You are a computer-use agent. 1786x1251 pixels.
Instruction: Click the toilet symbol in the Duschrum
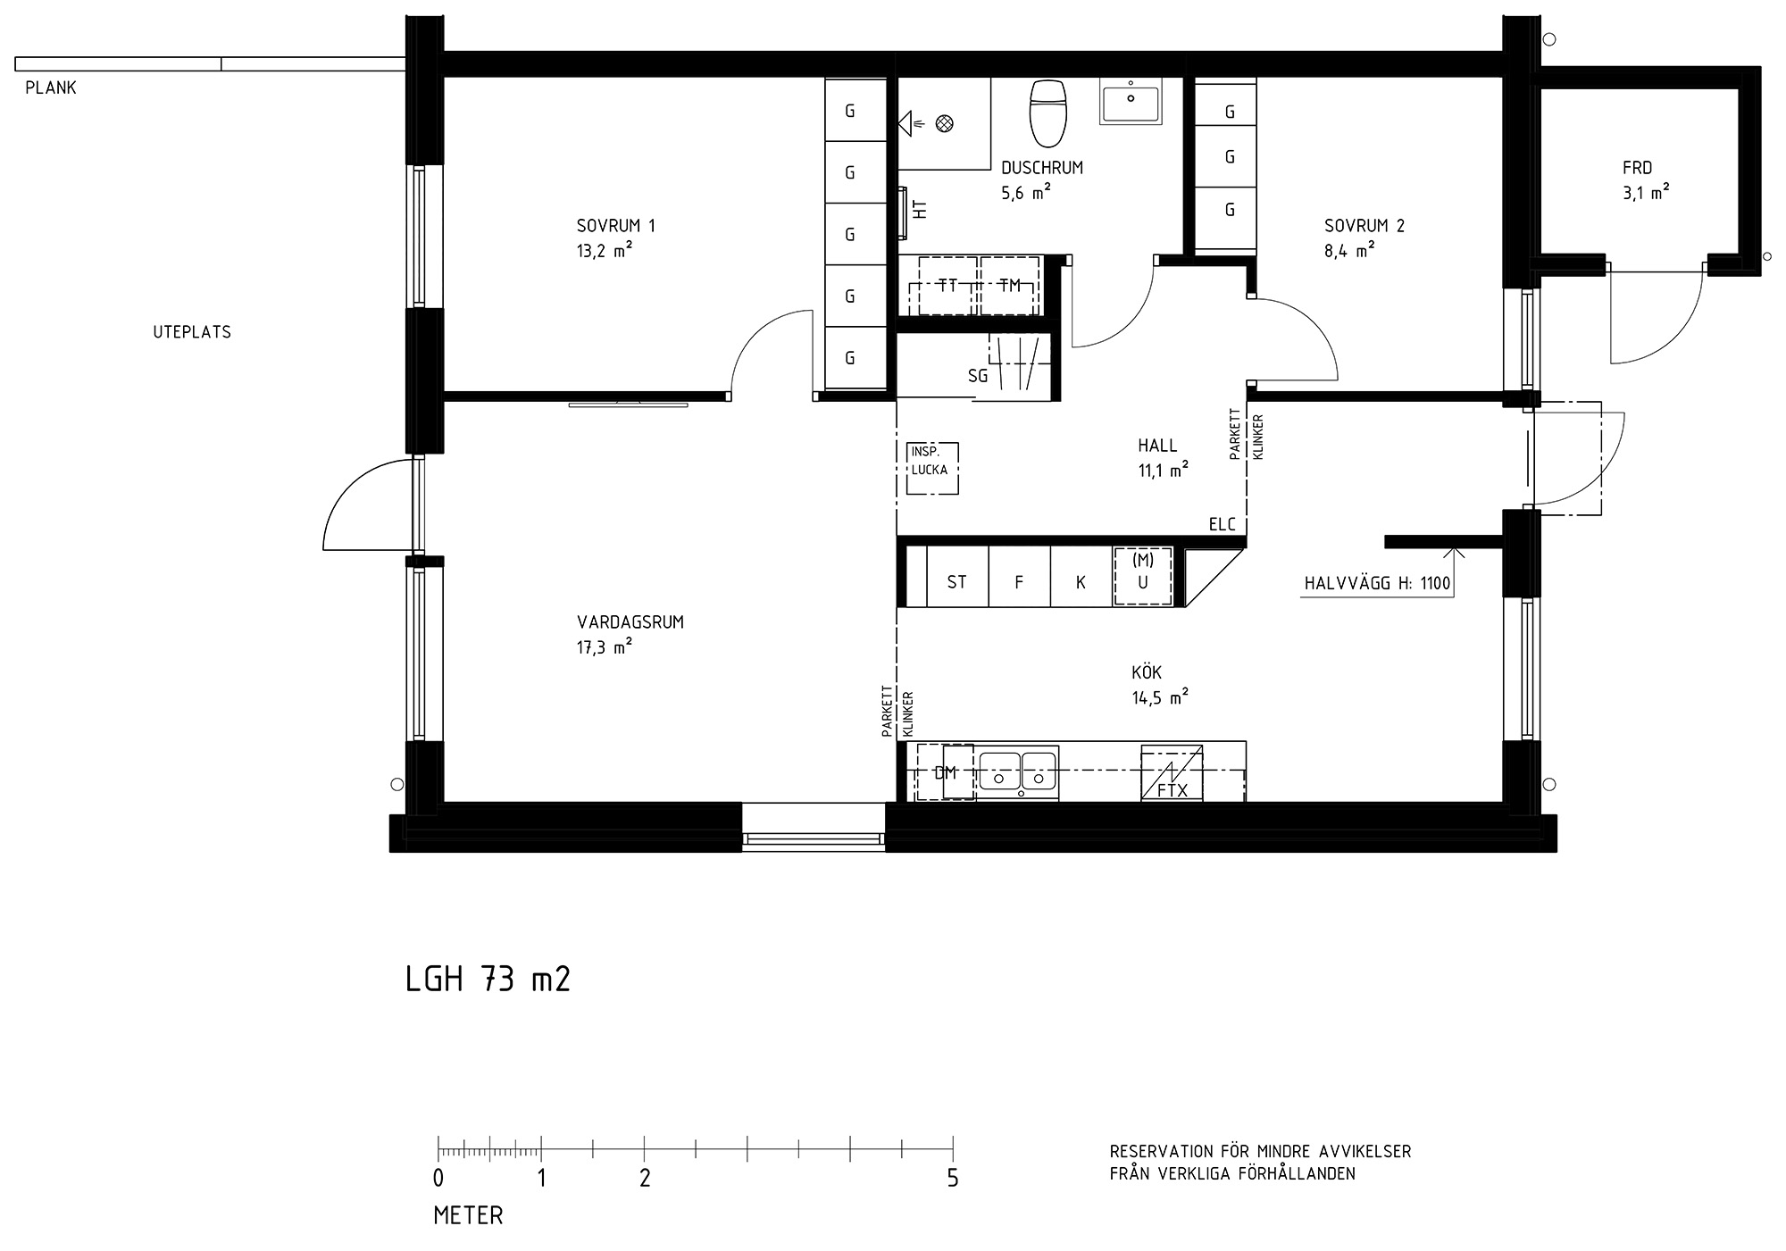pyautogui.click(x=1048, y=113)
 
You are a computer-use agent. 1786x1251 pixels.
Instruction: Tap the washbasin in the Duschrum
pyautogui.click(x=1131, y=101)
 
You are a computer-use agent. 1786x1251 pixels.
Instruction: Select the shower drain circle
pyautogui.click(x=944, y=124)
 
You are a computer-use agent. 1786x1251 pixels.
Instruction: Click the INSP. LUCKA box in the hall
pyautogui.click(x=932, y=469)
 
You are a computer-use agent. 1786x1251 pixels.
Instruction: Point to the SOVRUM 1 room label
pyautogui.click(x=616, y=226)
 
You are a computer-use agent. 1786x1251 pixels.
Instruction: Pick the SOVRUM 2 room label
pyautogui.click(x=1365, y=226)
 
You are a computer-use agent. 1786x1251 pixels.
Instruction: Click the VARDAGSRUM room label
pyautogui.click(x=630, y=622)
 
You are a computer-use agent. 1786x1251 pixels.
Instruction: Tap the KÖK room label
pyautogui.click(x=1147, y=671)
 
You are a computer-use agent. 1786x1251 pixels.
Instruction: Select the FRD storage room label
pyautogui.click(x=1638, y=168)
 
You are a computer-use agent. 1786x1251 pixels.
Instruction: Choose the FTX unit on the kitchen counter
pyautogui.click(x=1172, y=773)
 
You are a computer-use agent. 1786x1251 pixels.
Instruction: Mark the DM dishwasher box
pyautogui.click(x=946, y=772)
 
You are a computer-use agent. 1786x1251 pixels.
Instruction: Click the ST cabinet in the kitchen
pyautogui.click(x=957, y=582)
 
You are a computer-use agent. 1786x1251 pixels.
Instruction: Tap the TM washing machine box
pyautogui.click(x=1010, y=286)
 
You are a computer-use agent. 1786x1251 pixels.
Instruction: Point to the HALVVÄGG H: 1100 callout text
pyautogui.click(x=1377, y=584)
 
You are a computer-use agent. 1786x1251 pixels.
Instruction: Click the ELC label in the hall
pyautogui.click(x=1223, y=524)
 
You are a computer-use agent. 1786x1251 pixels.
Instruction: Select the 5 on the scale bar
pyautogui.click(x=953, y=1179)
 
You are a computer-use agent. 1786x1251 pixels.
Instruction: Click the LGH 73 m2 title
pyautogui.click(x=488, y=980)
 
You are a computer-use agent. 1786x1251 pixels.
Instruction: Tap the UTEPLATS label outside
pyautogui.click(x=192, y=332)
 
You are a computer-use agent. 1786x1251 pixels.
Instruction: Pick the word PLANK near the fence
pyautogui.click(x=51, y=88)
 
